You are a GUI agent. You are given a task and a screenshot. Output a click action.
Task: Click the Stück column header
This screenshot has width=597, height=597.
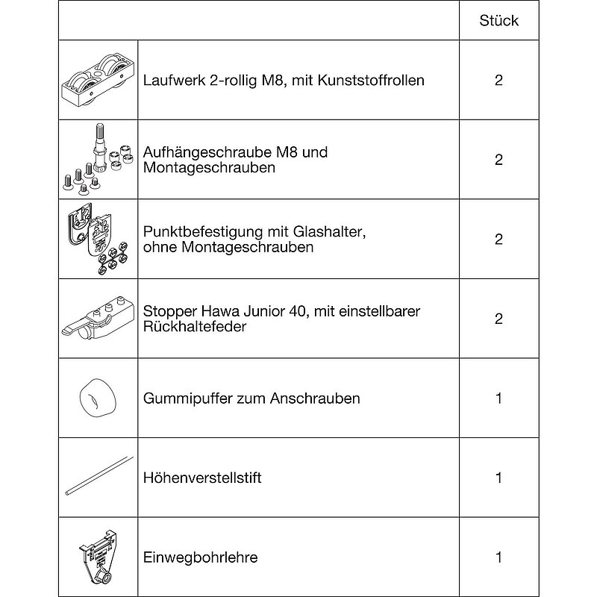[x=498, y=21]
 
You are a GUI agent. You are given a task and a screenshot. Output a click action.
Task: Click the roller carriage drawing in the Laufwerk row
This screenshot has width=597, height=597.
[x=97, y=81]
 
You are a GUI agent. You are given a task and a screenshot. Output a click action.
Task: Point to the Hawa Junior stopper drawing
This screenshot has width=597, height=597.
[x=97, y=319]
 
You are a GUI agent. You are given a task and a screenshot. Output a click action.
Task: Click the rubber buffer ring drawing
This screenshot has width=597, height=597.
[x=96, y=398]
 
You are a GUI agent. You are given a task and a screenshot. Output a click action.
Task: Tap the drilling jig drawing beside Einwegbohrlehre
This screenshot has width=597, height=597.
[x=97, y=556]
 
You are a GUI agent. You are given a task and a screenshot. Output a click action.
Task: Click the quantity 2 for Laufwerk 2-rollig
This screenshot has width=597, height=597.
[x=498, y=80]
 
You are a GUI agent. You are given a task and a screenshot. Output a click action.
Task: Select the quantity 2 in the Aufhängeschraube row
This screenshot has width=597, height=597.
[x=498, y=160]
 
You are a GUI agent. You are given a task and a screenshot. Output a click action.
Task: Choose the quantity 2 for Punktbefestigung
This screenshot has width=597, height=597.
[x=498, y=239]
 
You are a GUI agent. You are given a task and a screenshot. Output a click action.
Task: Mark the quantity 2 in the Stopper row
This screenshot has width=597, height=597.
[x=498, y=319]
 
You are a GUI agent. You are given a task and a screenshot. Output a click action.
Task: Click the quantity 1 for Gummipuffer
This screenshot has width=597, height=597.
[x=498, y=398]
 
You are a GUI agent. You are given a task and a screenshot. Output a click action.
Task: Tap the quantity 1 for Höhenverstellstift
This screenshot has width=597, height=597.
[x=498, y=478]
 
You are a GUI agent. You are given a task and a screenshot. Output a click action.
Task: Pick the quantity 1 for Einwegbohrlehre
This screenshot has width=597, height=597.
[x=498, y=557]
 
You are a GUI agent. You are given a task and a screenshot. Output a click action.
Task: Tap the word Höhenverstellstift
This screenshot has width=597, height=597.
[x=202, y=478]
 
